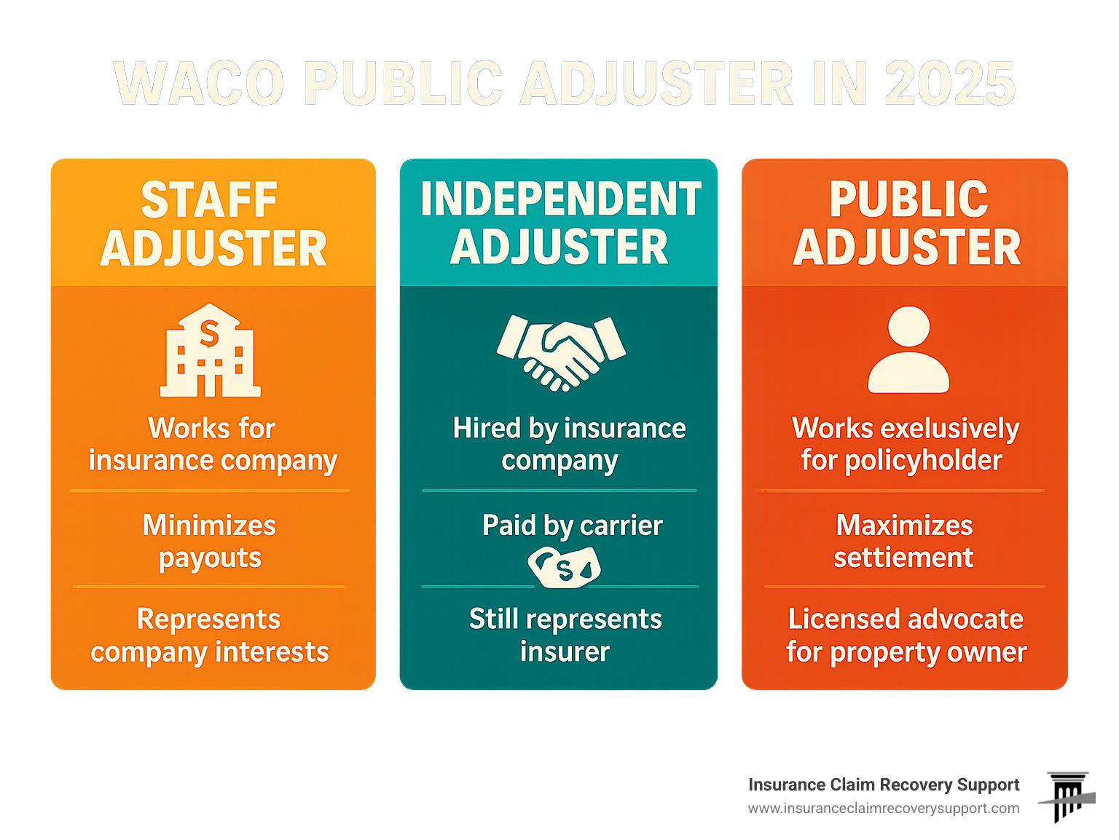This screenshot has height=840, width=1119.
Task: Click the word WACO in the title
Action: click(x=199, y=83)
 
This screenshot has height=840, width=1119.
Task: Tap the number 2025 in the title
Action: click(x=950, y=83)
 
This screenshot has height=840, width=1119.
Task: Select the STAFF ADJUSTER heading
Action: click(x=213, y=223)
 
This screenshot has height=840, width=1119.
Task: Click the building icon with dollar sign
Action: click(x=211, y=350)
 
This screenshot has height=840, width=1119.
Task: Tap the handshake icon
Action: click(x=561, y=352)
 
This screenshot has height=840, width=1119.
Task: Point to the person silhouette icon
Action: click(x=908, y=349)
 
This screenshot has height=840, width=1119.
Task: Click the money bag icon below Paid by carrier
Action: click(x=565, y=568)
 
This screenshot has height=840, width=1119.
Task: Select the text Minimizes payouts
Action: click(x=210, y=542)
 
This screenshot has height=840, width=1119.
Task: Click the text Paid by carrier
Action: click(x=573, y=526)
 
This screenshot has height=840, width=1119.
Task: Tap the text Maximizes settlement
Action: click(x=904, y=541)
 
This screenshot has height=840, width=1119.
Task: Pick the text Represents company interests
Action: click(x=210, y=636)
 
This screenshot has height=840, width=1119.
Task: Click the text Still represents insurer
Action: click(x=565, y=635)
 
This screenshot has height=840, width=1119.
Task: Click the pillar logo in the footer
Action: click(x=1067, y=797)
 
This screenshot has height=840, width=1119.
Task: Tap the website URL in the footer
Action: click(x=884, y=809)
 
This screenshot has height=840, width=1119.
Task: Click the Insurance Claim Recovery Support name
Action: click(x=884, y=785)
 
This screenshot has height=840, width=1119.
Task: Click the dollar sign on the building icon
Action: click(x=209, y=333)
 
